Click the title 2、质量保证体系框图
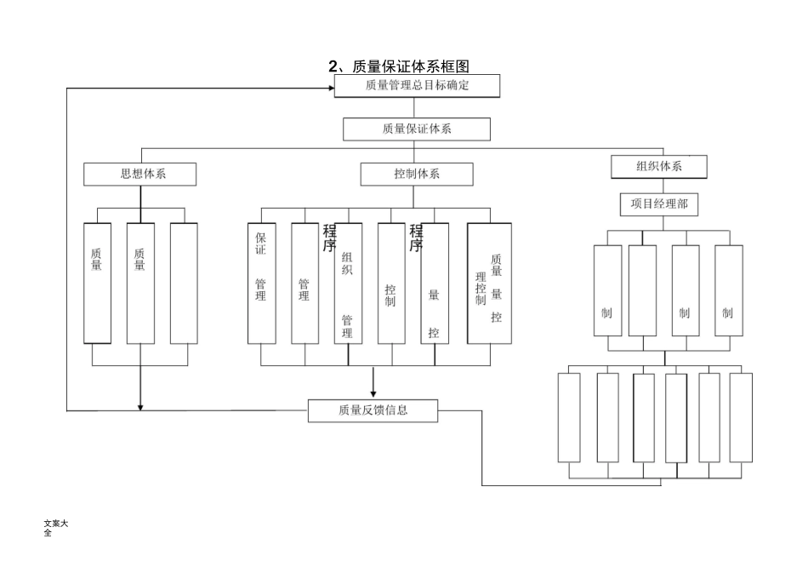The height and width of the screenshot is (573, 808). [399, 66]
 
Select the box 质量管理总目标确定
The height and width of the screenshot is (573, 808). [417, 85]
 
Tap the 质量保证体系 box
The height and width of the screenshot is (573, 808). [417, 129]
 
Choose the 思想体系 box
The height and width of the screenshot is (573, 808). [140, 174]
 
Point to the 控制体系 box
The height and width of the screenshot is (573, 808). [417, 174]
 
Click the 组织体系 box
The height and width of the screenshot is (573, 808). [659, 166]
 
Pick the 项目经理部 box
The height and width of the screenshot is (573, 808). [659, 204]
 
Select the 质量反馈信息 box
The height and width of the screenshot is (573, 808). [373, 410]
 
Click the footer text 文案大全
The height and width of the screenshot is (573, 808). [55, 528]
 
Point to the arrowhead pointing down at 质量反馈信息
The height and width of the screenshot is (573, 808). [373, 393]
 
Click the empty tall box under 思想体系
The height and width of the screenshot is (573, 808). [184, 283]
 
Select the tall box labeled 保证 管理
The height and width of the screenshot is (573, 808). [261, 283]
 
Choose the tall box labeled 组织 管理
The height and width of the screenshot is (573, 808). [348, 283]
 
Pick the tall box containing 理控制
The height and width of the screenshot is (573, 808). [489, 283]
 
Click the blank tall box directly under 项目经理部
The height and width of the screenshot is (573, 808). [642, 289]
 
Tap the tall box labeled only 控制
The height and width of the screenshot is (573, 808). [391, 283]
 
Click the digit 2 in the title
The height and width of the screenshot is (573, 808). [333, 66]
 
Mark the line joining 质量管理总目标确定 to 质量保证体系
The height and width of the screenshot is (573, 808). [414, 107]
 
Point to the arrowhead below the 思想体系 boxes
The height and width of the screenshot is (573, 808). [140, 406]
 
